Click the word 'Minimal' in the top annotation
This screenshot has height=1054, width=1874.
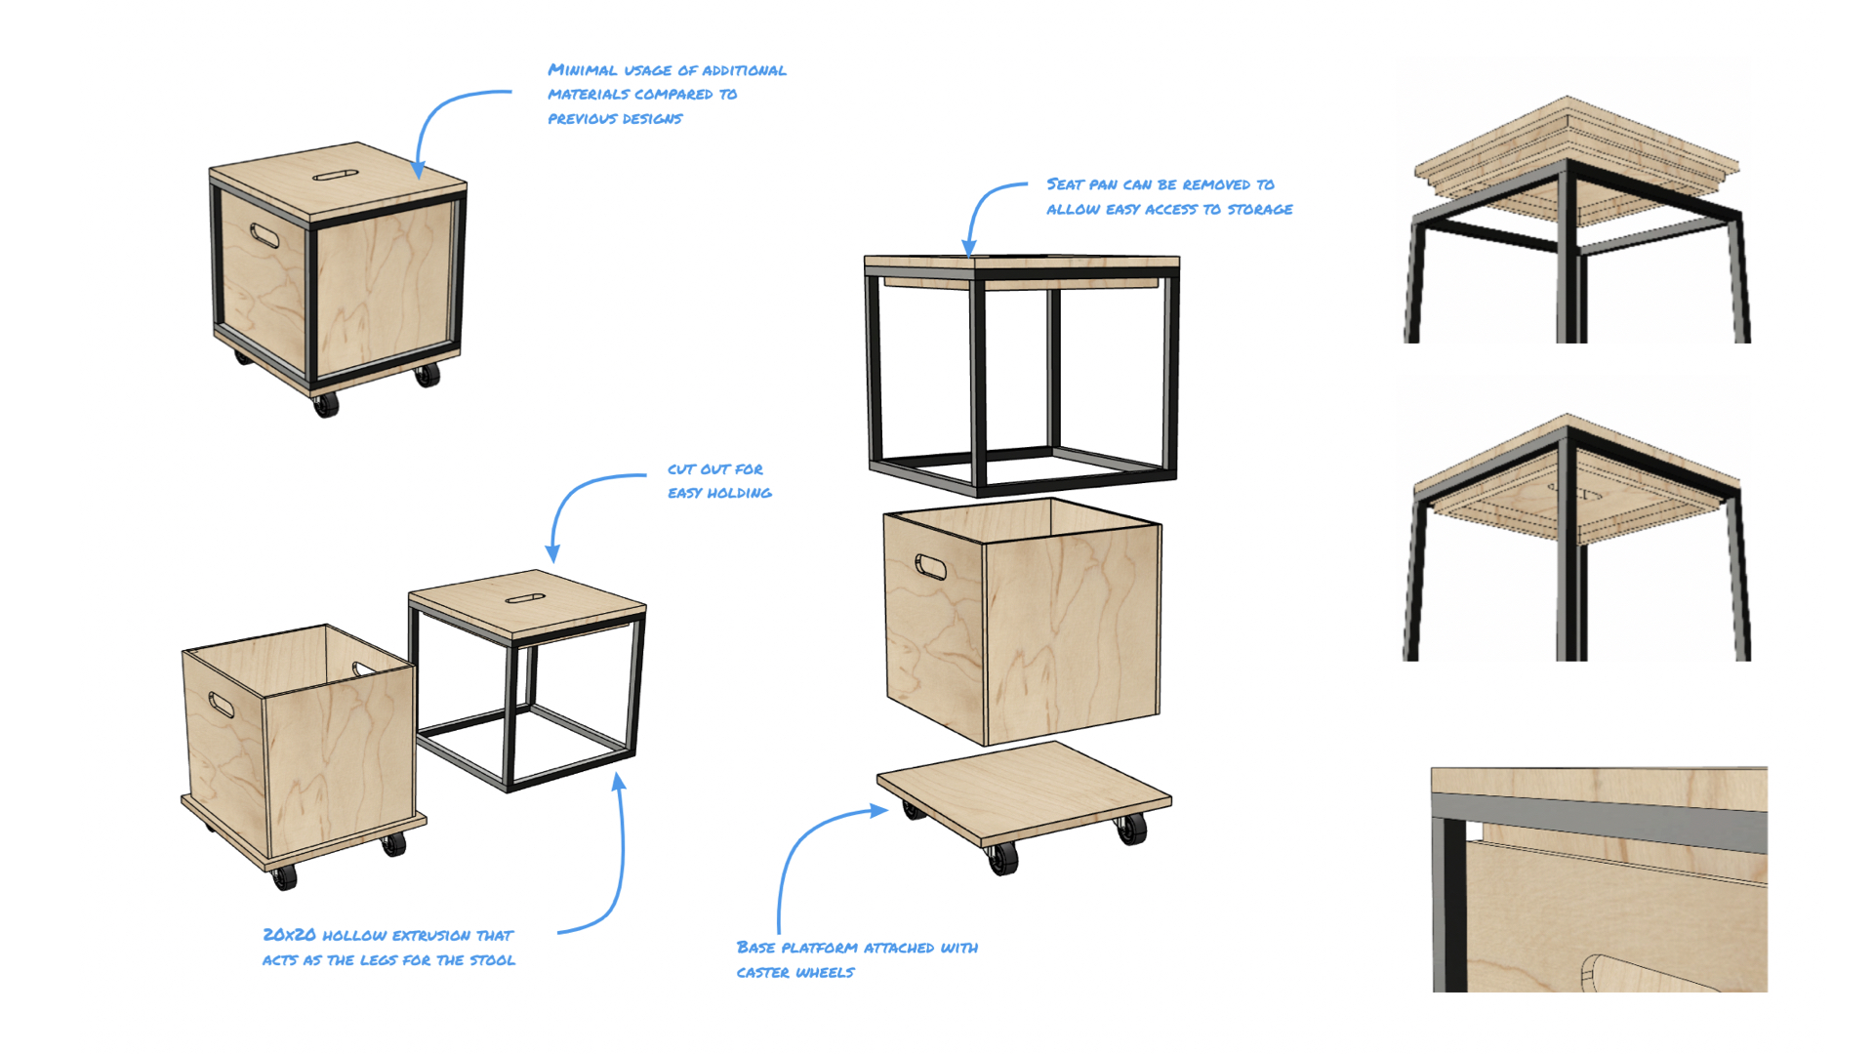pos(582,70)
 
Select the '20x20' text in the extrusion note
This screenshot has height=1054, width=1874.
pos(289,935)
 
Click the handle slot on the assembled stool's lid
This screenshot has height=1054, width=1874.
pos(336,176)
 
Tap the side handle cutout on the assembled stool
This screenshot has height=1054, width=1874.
pos(265,235)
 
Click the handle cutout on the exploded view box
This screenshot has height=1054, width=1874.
pos(930,566)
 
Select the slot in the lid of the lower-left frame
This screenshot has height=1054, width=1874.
pos(525,598)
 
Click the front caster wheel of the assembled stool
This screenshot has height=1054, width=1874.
pos(326,404)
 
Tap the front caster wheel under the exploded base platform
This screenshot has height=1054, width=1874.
pos(1002,859)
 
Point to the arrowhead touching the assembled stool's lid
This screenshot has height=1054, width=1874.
pos(418,170)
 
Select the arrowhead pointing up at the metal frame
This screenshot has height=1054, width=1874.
pos(618,782)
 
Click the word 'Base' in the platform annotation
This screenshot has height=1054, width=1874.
pos(756,947)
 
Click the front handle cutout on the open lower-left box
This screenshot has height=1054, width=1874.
pos(222,705)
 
